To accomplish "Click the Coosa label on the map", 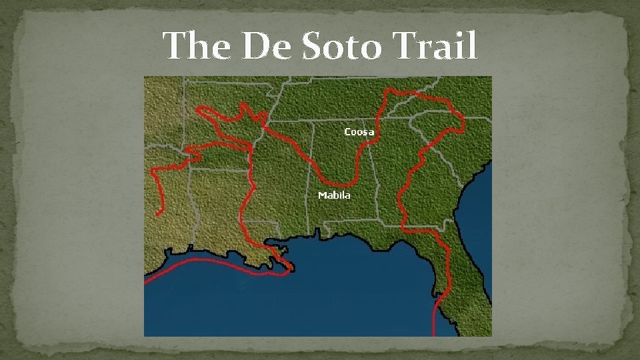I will point(359,132).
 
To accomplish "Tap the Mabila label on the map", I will point(334,195).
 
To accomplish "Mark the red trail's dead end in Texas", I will point(157,215).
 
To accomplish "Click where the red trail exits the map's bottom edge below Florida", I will point(435,333).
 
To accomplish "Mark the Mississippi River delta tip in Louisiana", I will point(289,269).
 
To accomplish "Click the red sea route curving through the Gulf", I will point(200,261).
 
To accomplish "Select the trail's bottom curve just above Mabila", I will point(340,184).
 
